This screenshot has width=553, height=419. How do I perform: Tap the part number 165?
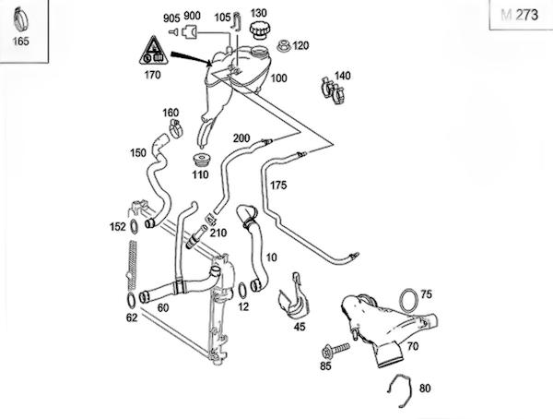(19, 41)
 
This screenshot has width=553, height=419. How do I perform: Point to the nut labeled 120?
(280, 44)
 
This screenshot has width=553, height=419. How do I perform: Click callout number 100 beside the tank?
(277, 78)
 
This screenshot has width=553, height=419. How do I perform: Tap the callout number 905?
(171, 18)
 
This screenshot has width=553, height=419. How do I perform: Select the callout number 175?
(278, 186)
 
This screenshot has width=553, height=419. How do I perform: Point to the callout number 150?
(137, 152)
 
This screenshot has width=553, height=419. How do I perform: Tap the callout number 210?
(218, 232)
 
